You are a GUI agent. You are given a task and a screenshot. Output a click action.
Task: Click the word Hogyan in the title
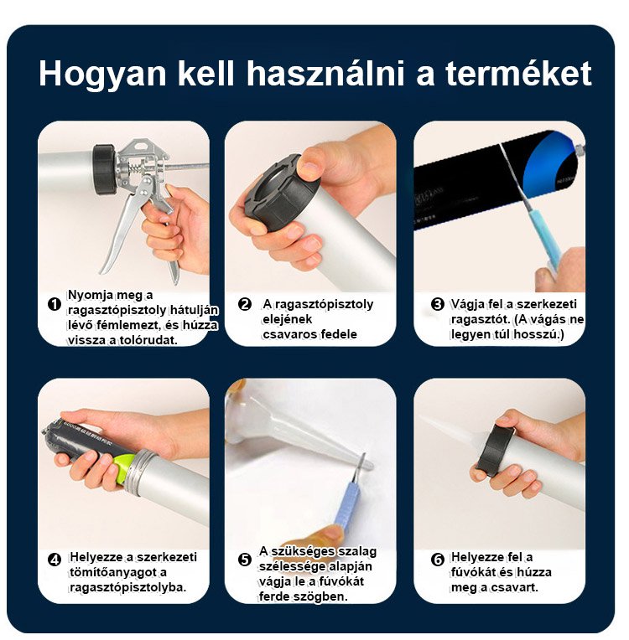pyautogui.click(x=102, y=75)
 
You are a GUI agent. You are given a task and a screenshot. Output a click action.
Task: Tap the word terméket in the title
pyautogui.click(x=518, y=74)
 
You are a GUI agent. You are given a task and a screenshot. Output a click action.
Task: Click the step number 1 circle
pyautogui.click(x=55, y=304)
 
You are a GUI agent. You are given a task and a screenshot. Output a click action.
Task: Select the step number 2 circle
pyautogui.click(x=244, y=304)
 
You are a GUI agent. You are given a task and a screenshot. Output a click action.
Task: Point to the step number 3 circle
pyautogui.click(x=437, y=304)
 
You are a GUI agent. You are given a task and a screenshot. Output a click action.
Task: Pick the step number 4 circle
pyautogui.click(x=55, y=560)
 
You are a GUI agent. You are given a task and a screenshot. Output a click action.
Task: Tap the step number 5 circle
pyautogui.click(x=244, y=560)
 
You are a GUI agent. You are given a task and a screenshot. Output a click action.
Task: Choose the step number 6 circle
pyautogui.click(x=437, y=560)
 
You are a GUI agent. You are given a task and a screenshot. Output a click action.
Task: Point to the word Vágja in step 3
pyautogui.click(x=467, y=305)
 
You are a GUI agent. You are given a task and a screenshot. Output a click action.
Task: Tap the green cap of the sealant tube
pyautogui.click(x=126, y=468)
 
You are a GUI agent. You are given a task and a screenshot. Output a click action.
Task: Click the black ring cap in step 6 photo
pyautogui.click(x=496, y=451)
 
